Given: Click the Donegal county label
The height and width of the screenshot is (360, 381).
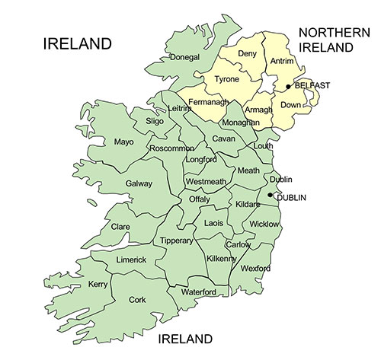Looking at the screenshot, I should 185,57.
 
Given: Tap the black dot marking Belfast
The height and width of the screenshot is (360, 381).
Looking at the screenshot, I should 288,86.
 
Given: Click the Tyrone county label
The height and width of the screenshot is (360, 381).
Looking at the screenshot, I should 226,79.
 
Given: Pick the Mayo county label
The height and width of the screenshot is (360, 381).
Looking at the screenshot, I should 123,142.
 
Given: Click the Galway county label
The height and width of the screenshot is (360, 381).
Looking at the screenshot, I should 139,183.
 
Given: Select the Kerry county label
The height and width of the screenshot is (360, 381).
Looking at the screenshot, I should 98,284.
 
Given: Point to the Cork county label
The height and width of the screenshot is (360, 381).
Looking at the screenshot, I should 137,300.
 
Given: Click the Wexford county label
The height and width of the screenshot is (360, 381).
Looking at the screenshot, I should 255,269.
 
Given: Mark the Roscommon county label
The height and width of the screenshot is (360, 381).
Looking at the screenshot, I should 171,148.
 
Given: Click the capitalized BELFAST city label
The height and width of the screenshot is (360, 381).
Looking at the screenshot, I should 312,85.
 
